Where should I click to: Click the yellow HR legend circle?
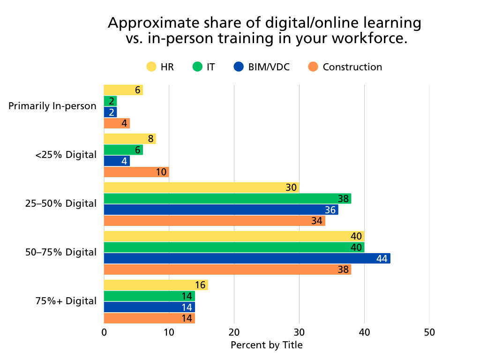(151, 67)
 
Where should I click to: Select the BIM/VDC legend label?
(270, 67)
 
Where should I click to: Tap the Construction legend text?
(352, 67)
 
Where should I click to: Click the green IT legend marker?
(197, 67)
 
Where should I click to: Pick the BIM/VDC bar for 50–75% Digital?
(247, 258)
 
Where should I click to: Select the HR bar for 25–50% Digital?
(201, 187)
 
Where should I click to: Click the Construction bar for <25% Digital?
(136, 172)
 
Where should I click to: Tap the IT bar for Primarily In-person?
(110, 101)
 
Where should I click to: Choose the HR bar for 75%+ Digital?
(156, 285)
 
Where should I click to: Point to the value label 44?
(382, 258)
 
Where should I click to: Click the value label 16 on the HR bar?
(200, 285)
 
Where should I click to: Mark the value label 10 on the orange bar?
(161, 172)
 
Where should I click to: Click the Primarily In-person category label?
(52, 106)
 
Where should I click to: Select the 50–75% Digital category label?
(61, 253)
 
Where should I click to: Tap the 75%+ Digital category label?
(66, 301)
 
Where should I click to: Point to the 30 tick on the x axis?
(299, 332)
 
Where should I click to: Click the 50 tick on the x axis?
(429, 332)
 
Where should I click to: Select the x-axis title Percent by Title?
(267, 345)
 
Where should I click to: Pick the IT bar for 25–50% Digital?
(227, 199)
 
